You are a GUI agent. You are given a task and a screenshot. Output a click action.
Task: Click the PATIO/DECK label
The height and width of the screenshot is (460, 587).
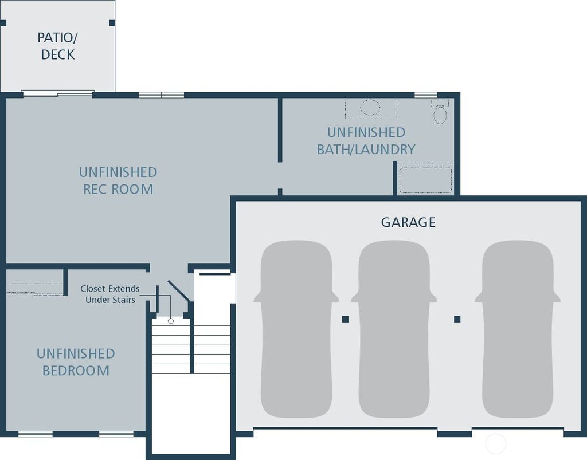click(x=57, y=46)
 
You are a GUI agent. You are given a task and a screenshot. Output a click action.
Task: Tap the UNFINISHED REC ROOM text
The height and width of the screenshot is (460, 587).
click(x=118, y=180)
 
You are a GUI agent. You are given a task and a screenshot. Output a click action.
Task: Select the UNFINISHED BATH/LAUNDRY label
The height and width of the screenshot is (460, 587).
click(x=366, y=141)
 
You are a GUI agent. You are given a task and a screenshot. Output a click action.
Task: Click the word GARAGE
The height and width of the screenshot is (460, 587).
click(x=408, y=222)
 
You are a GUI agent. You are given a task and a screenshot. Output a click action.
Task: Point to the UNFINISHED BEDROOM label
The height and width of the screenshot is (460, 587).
click(x=76, y=362)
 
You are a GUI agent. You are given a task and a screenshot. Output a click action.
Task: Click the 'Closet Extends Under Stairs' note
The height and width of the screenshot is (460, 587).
click(x=110, y=294)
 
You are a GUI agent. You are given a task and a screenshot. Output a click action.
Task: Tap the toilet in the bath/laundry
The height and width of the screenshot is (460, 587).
click(x=440, y=112)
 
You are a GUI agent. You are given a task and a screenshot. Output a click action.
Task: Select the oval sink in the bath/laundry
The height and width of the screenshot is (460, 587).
click(x=370, y=107)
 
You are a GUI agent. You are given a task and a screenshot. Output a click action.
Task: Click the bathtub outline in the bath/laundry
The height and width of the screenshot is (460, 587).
click(x=425, y=180)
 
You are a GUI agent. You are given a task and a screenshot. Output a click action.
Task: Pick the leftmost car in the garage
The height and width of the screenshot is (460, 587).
click(x=296, y=329)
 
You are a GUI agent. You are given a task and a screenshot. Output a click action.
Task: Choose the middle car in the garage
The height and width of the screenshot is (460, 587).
click(x=394, y=329)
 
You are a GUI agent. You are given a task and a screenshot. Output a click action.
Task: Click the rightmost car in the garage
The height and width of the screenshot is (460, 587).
click(x=518, y=329)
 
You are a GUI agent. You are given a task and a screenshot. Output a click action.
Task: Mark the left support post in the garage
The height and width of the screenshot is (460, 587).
click(x=345, y=319)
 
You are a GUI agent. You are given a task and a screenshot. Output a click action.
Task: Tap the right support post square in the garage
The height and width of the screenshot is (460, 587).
click(x=457, y=319)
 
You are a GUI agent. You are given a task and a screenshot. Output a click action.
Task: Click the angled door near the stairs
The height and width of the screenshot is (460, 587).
click(x=178, y=291)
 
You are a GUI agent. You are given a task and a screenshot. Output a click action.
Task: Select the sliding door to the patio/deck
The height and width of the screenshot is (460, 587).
click(x=57, y=93)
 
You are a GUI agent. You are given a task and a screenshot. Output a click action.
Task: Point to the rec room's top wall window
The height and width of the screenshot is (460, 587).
click(x=161, y=95)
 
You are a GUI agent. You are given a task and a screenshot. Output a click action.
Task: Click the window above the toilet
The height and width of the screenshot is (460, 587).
click(x=425, y=95)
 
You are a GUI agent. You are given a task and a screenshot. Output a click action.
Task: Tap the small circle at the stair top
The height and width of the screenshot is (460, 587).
click(x=170, y=321)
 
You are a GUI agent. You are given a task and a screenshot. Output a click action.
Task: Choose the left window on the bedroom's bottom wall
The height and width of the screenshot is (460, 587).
click(x=35, y=434)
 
